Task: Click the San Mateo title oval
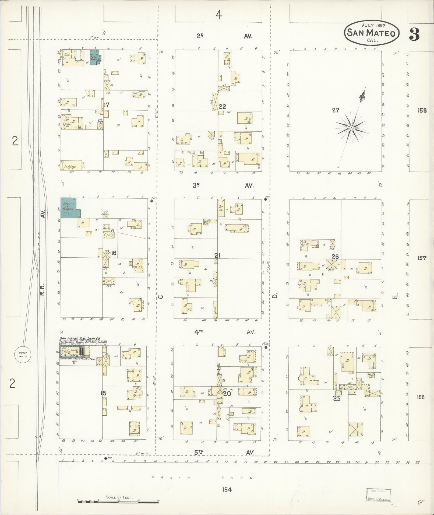coord(372,33)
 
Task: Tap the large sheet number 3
coord(414,34)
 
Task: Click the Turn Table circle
coord(23,354)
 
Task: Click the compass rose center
coord(351,127)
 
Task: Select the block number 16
coord(114,253)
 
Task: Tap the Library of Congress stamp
coord(378,495)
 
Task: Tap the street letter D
coord(275,296)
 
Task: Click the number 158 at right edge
coord(422,110)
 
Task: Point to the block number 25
coord(337,398)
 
